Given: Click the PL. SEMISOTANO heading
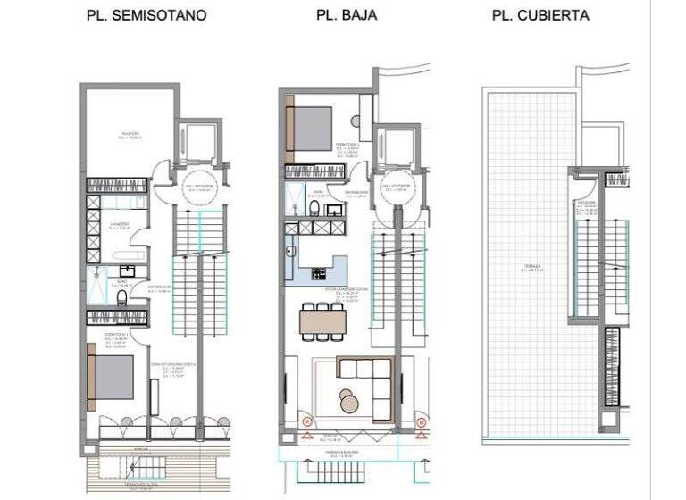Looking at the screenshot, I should click(146, 16).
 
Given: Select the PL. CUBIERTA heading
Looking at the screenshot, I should click(540, 16).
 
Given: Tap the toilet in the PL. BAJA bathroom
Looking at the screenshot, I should click(315, 207).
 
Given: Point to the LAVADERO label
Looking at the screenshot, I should click(121, 223).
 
